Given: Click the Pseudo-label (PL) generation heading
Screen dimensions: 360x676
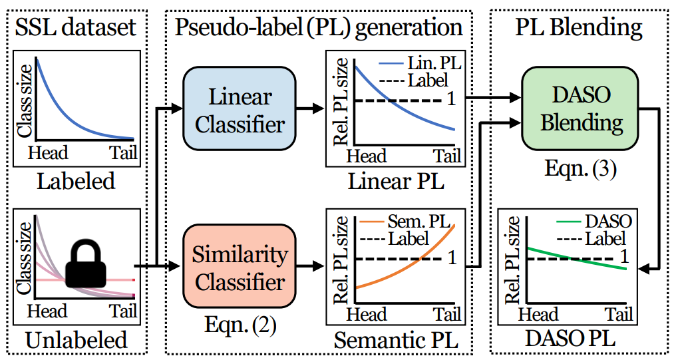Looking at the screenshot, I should (x=319, y=27).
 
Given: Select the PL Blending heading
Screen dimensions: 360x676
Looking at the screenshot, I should (x=579, y=27).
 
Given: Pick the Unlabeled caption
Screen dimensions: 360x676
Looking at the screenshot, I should (x=77, y=340).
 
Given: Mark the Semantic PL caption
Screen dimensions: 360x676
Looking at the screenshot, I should (x=396, y=341).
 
